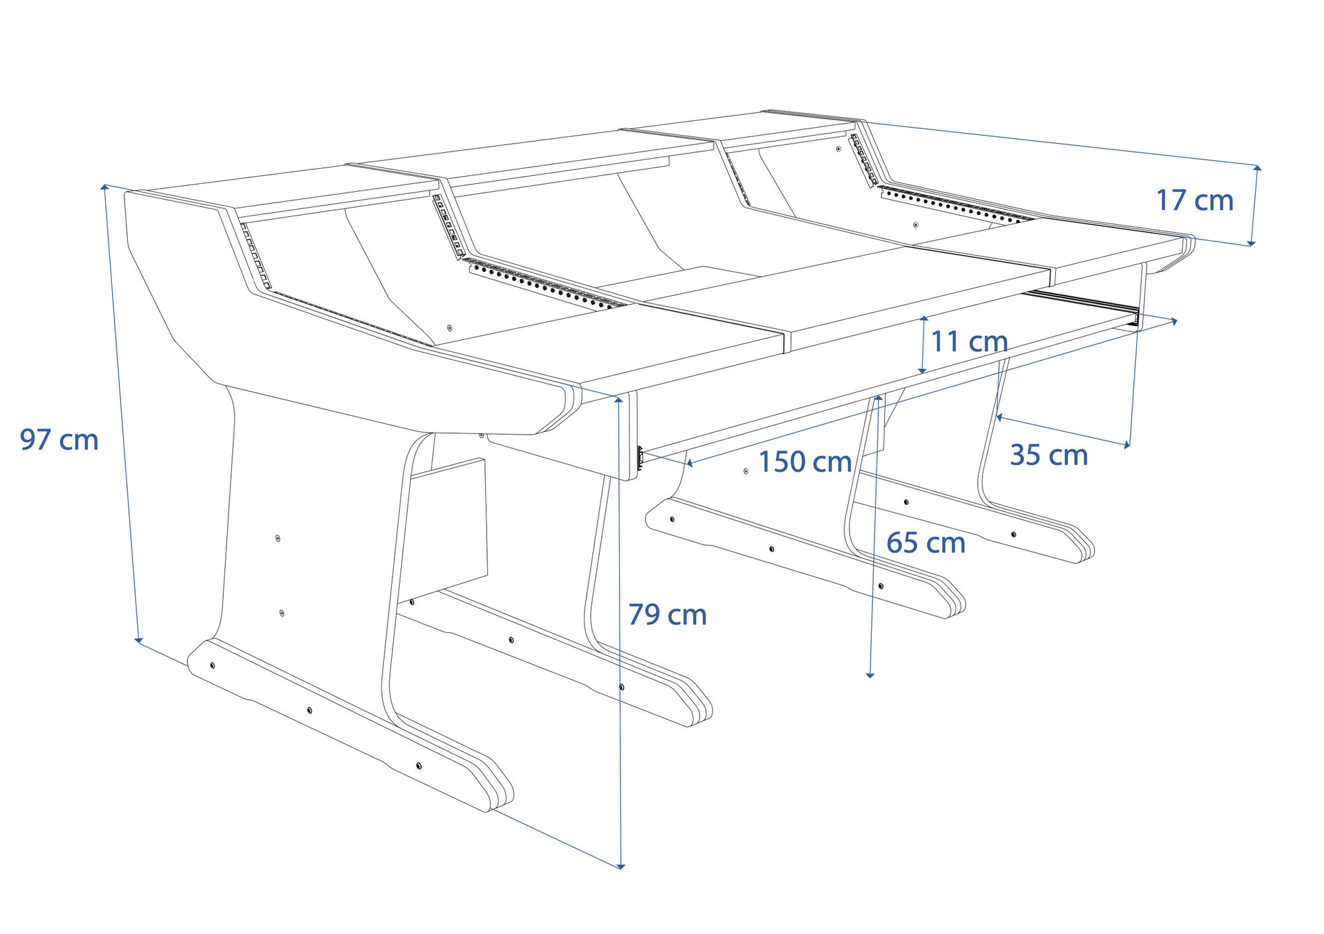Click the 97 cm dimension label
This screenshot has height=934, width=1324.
coord(59,440)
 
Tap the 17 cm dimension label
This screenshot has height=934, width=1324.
coord(1194,200)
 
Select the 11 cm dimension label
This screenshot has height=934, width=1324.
coord(969,341)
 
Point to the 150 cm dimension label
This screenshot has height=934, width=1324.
coord(804,462)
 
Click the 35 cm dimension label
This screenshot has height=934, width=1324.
coord(1049,455)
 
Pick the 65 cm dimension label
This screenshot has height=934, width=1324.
coord(925,543)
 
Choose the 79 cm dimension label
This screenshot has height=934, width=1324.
coord(667,615)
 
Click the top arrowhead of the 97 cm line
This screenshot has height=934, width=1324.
coord(105,187)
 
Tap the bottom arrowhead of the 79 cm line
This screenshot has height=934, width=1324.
coord(620,865)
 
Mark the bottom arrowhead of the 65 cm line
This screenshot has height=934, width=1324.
coord(870,675)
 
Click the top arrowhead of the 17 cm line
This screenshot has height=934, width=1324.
coord(1257,168)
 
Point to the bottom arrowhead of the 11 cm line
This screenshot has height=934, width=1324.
coord(922,371)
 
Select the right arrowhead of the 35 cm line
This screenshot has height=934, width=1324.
coord(1127,445)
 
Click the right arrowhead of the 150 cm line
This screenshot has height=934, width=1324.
coord(1174,321)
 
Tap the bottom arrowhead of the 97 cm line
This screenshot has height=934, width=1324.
coord(138,640)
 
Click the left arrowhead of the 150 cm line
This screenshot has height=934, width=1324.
coord(689,463)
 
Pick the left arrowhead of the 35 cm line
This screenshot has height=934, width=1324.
coord(1000,417)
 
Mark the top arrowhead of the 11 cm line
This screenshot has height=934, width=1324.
coord(924,319)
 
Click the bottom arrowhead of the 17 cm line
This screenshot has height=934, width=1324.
coord(1251,243)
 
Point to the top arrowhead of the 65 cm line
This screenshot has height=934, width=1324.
coord(878,398)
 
